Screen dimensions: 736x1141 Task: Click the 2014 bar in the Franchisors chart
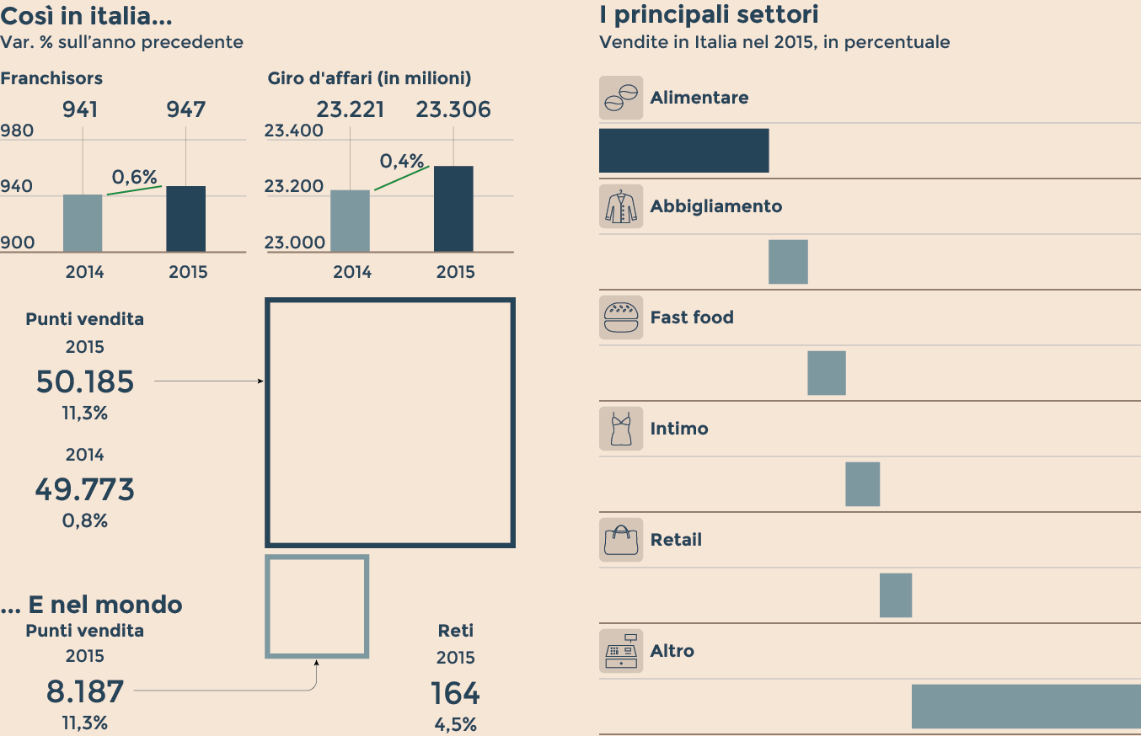pyautogui.click(x=83, y=223)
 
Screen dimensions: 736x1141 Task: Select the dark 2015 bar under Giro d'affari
pyautogui.click(x=453, y=209)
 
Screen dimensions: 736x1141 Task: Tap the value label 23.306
pyautogui.click(x=453, y=110)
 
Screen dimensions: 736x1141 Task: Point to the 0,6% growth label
pyautogui.click(x=135, y=177)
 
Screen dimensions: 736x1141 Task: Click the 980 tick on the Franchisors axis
pyautogui.click(x=18, y=131)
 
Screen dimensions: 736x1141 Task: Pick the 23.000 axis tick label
pyautogui.click(x=294, y=243)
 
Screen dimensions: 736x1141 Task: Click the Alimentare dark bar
pyautogui.click(x=683, y=151)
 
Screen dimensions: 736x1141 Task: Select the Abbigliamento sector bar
pyautogui.click(x=788, y=262)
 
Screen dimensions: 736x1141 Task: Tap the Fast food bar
pyautogui.click(x=827, y=373)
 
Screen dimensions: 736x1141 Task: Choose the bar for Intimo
pyautogui.click(x=862, y=484)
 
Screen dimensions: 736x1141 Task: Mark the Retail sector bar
pyautogui.click(x=896, y=595)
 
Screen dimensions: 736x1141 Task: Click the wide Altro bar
pyautogui.click(x=1026, y=707)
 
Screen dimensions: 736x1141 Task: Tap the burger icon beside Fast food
pyautogui.click(x=621, y=317)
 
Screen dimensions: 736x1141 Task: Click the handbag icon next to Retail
pyautogui.click(x=621, y=540)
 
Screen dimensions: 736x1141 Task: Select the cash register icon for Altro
pyautogui.click(x=621, y=651)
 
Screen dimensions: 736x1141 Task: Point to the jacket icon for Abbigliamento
pyautogui.click(x=621, y=206)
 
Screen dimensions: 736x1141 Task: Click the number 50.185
pyautogui.click(x=85, y=382)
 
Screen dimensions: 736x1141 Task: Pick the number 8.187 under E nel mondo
pyautogui.click(x=85, y=692)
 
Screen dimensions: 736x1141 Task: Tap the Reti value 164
pyautogui.click(x=455, y=694)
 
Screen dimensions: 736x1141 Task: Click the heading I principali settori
pyautogui.click(x=709, y=14)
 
